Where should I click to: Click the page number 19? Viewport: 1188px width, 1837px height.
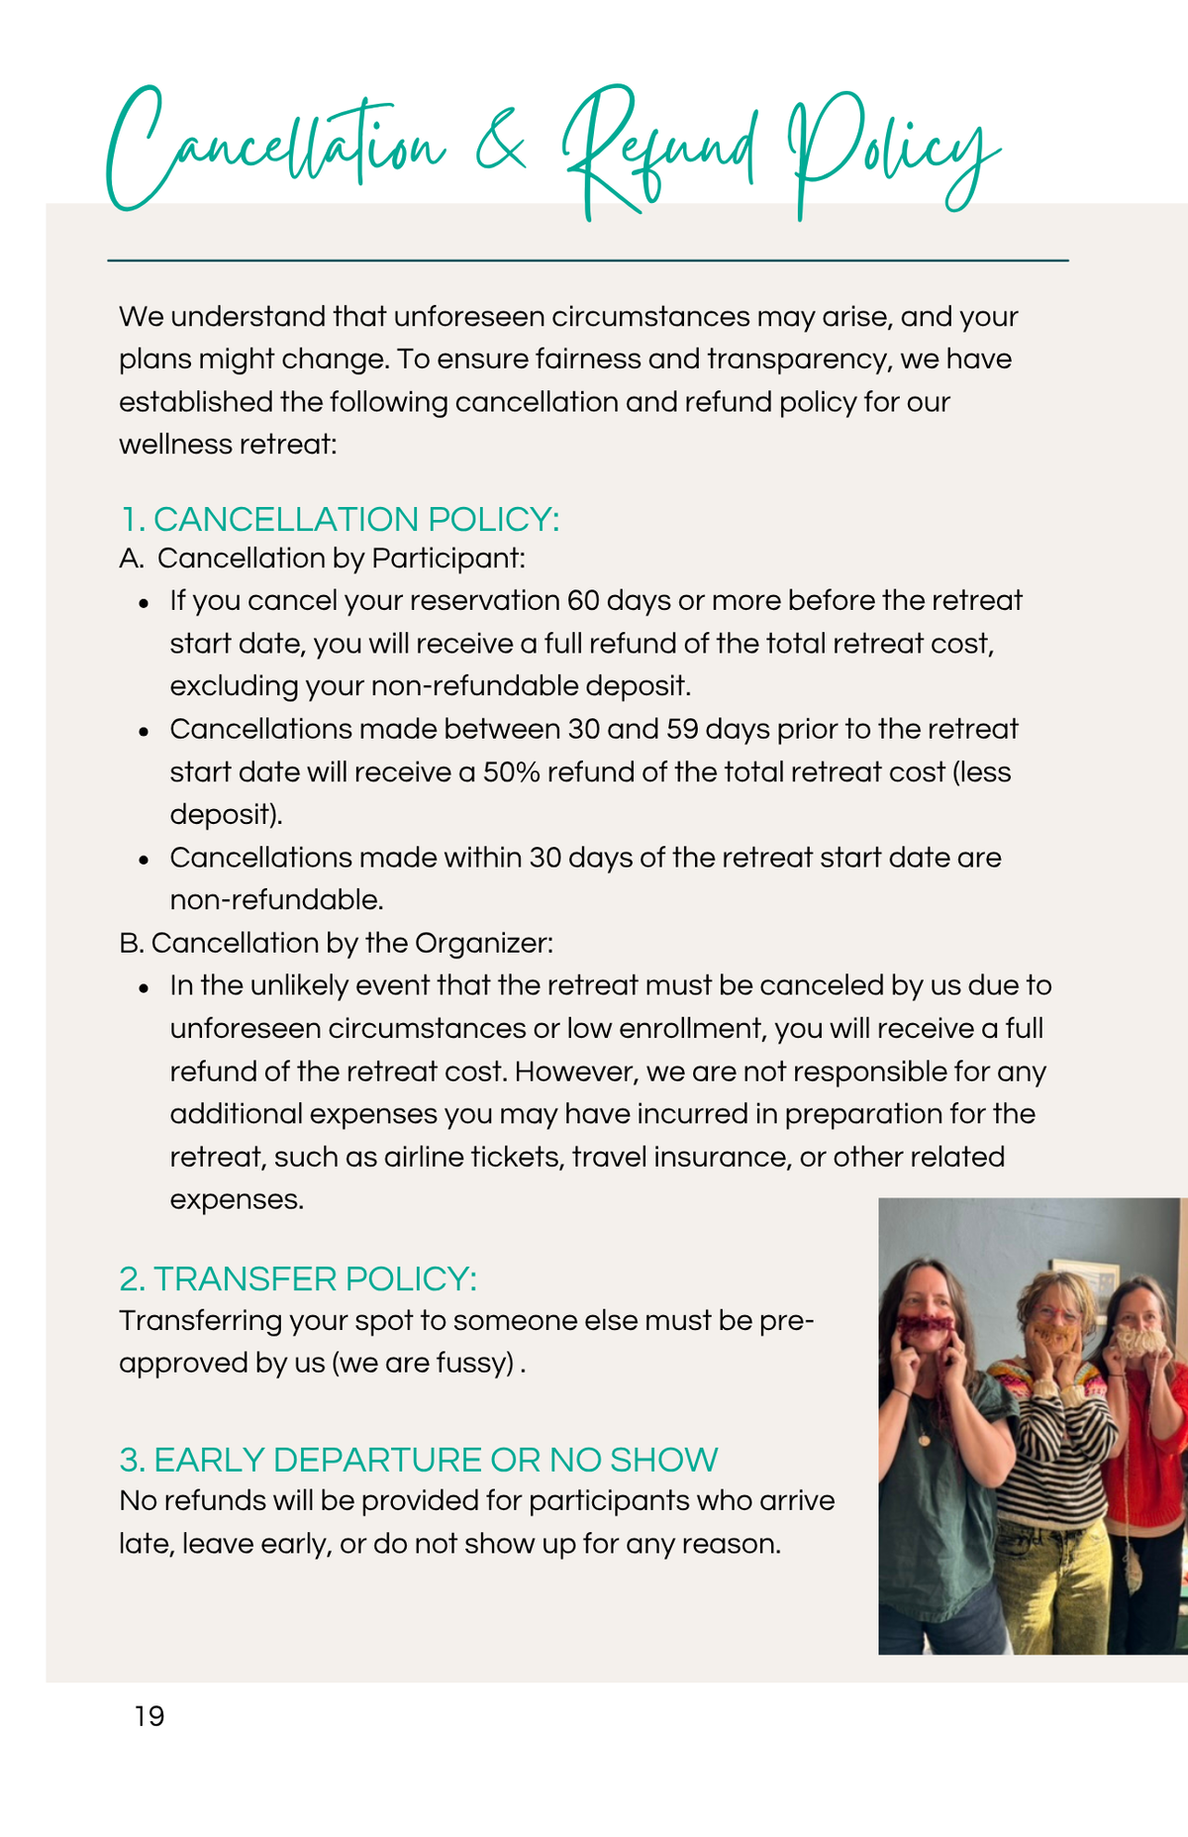(149, 1716)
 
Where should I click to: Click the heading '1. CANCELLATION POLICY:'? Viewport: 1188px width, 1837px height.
(340, 519)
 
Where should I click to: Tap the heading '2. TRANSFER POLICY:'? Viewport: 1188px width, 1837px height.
(298, 1278)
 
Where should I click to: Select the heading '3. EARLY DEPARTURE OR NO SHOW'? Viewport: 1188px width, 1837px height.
(418, 1460)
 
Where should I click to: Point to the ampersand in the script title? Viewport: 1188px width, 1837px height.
(501, 149)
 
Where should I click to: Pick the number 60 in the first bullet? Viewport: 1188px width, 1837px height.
(582, 601)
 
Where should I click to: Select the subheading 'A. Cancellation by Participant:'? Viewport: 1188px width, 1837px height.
(322, 559)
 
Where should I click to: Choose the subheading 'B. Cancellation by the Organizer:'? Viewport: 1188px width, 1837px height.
(336, 943)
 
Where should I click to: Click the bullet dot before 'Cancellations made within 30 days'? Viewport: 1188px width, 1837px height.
(145, 860)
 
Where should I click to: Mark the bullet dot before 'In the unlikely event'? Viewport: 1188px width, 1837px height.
(145, 988)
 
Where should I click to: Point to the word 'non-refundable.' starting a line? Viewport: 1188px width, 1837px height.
(276, 900)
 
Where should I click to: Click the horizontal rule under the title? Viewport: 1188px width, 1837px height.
(587, 260)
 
